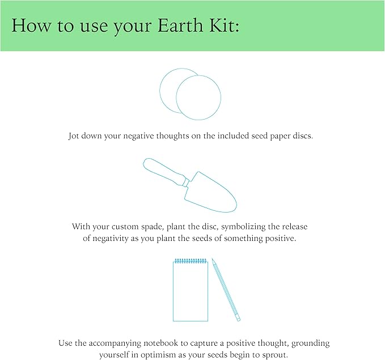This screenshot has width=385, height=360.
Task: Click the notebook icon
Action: [x=191, y=291]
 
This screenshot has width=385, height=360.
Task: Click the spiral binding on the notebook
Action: [x=191, y=261]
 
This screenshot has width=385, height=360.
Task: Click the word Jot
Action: [x=75, y=137]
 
